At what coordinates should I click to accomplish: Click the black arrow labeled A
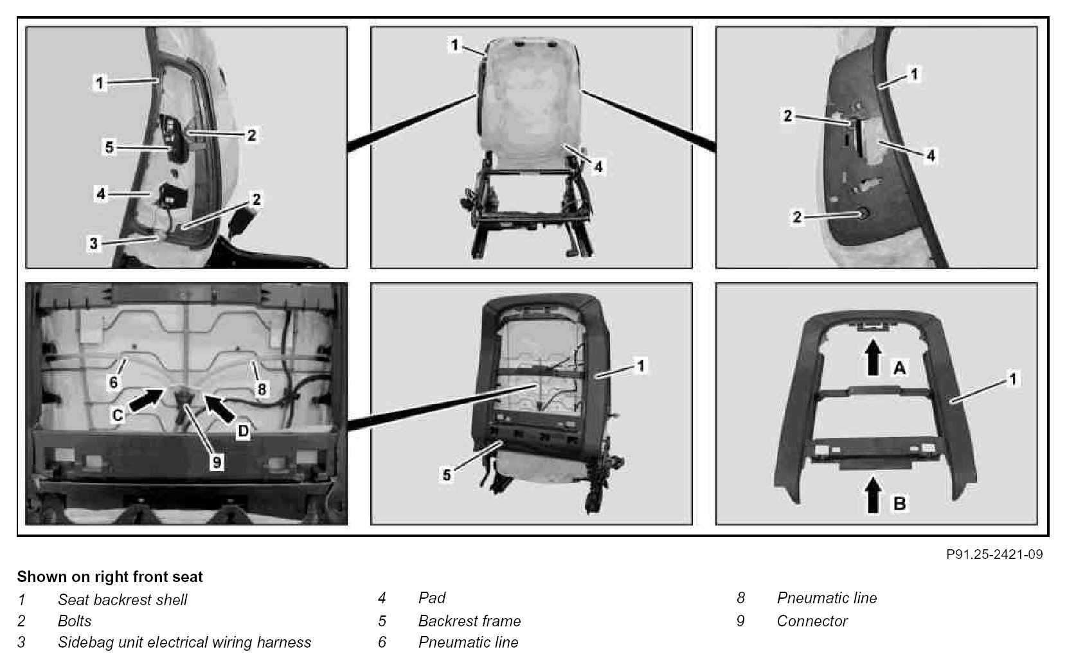(872, 357)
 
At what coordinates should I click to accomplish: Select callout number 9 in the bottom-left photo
(217, 461)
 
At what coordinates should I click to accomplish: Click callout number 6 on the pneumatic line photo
(114, 382)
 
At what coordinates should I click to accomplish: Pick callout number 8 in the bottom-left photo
(262, 388)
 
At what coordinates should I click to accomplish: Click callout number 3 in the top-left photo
(94, 243)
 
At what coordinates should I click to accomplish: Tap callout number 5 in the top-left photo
(109, 147)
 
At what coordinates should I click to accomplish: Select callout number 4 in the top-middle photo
(598, 166)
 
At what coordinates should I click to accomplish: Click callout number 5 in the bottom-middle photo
(447, 475)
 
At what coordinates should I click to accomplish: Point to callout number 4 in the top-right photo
(930, 155)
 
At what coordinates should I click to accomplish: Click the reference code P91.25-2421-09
(994, 554)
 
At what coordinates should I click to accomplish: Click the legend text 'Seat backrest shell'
(122, 600)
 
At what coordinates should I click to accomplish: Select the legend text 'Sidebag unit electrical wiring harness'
(184, 642)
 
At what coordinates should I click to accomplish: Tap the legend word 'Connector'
(812, 621)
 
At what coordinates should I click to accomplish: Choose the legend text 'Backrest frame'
(469, 621)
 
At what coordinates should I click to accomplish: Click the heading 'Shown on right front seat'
(110, 577)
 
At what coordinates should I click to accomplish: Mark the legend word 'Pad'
(432, 598)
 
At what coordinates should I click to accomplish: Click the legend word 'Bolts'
(75, 621)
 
